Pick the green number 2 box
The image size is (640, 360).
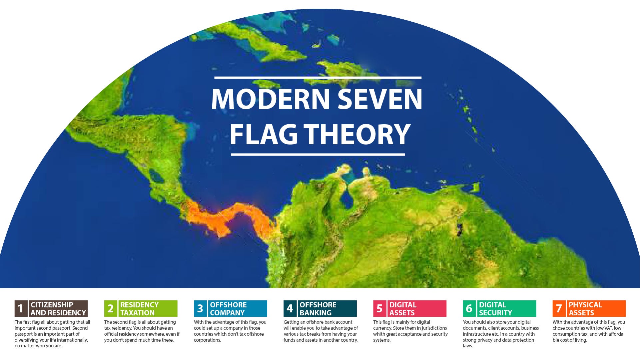click(x=111, y=309)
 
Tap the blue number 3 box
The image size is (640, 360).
click(x=200, y=309)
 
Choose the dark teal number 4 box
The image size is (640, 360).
click(x=290, y=309)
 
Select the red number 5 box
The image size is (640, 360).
click(x=379, y=309)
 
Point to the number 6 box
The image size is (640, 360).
click(x=469, y=309)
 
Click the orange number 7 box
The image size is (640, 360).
click(x=559, y=309)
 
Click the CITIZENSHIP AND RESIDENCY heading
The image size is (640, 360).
click(x=58, y=309)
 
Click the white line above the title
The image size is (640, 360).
click(x=318, y=78)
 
